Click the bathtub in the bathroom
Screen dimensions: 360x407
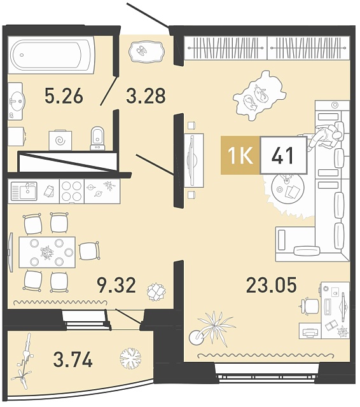(x=52, y=55)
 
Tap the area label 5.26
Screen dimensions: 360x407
(x=64, y=96)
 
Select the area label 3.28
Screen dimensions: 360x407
(x=146, y=96)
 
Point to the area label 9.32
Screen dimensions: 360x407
(x=116, y=285)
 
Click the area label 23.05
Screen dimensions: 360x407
(x=271, y=285)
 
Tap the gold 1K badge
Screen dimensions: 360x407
(x=240, y=155)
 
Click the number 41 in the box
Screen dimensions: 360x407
(x=282, y=155)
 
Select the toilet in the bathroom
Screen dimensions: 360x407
(x=97, y=139)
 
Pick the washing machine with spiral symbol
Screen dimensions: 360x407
(x=60, y=140)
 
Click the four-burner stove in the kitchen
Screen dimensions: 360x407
(x=72, y=191)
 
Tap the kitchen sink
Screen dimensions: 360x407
(x=24, y=191)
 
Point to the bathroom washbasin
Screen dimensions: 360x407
(x=16, y=101)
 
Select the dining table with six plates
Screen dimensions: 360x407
(x=47, y=252)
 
